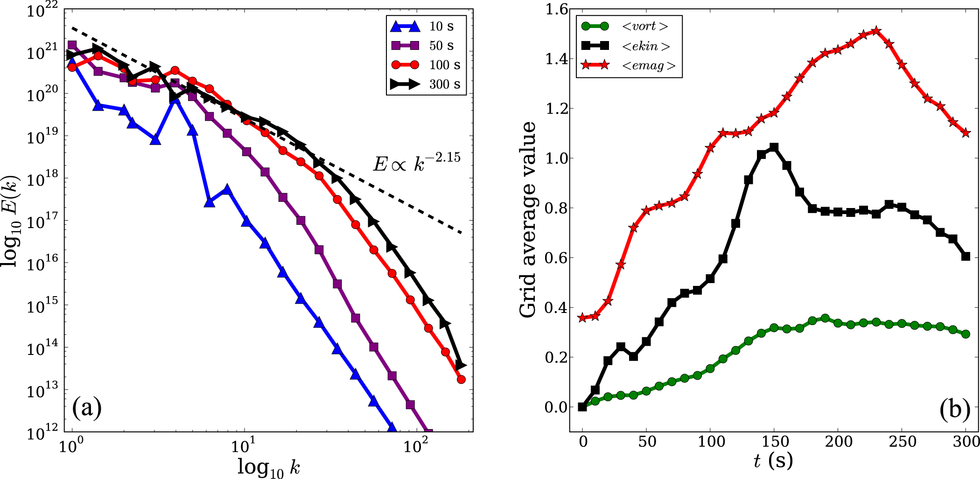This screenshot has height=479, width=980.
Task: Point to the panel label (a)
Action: tap(87, 409)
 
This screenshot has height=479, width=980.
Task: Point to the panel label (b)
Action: tap(955, 410)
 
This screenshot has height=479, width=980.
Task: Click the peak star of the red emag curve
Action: tap(876, 31)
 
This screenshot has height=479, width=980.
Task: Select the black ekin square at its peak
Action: tap(774, 148)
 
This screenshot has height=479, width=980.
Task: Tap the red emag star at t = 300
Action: tap(966, 133)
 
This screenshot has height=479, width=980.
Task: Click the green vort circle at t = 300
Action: tap(966, 334)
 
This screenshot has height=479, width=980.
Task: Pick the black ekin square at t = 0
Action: tap(582, 407)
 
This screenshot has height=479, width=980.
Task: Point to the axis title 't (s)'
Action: tap(773, 461)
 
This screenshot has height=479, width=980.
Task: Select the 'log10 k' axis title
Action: tap(268, 466)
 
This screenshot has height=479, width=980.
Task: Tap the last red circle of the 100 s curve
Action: tap(461, 379)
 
